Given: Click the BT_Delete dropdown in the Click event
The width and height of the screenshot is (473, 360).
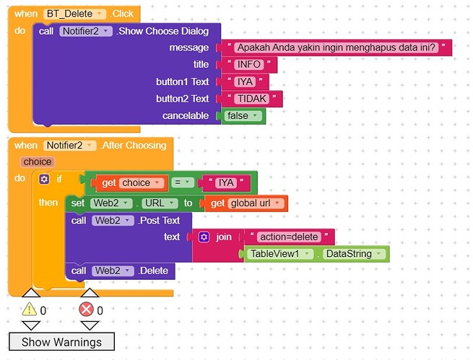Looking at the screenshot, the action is [x=74, y=14].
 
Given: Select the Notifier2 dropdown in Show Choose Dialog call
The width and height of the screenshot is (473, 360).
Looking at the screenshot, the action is [x=86, y=31].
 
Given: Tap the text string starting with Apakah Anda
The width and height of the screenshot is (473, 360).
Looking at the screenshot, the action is [x=336, y=48].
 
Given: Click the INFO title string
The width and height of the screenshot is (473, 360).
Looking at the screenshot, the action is [x=249, y=64].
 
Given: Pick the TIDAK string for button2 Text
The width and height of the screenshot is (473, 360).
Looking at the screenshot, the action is [x=252, y=99].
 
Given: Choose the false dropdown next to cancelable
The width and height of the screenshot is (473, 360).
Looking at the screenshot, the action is [x=243, y=115].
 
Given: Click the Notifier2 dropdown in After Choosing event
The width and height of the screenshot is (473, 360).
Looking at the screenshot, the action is [x=69, y=146].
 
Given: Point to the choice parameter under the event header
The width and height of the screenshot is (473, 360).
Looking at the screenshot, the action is [x=38, y=162].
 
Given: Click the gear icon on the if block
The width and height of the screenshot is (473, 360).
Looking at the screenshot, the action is [x=44, y=179].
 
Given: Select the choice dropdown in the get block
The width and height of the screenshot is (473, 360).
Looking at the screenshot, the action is [x=141, y=183].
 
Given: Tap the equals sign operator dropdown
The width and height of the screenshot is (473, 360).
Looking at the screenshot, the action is [x=182, y=183].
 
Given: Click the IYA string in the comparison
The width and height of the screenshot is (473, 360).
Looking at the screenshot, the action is [x=226, y=183].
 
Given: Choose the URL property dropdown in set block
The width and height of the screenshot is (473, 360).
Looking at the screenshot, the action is [x=160, y=203].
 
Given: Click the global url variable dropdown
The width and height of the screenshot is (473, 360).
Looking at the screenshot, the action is [x=255, y=203].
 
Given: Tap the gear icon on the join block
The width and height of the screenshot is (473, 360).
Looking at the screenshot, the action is [x=204, y=237].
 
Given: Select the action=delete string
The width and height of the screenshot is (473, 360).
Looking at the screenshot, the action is [x=289, y=237].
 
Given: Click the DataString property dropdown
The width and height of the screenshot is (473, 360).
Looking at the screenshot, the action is [x=354, y=254].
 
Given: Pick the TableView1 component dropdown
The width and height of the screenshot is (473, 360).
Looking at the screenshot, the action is [x=280, y=254].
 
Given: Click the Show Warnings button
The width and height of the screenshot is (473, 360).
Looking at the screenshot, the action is [x=62, y=342].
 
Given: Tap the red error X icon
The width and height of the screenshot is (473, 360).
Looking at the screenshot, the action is [x=86, y=309].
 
